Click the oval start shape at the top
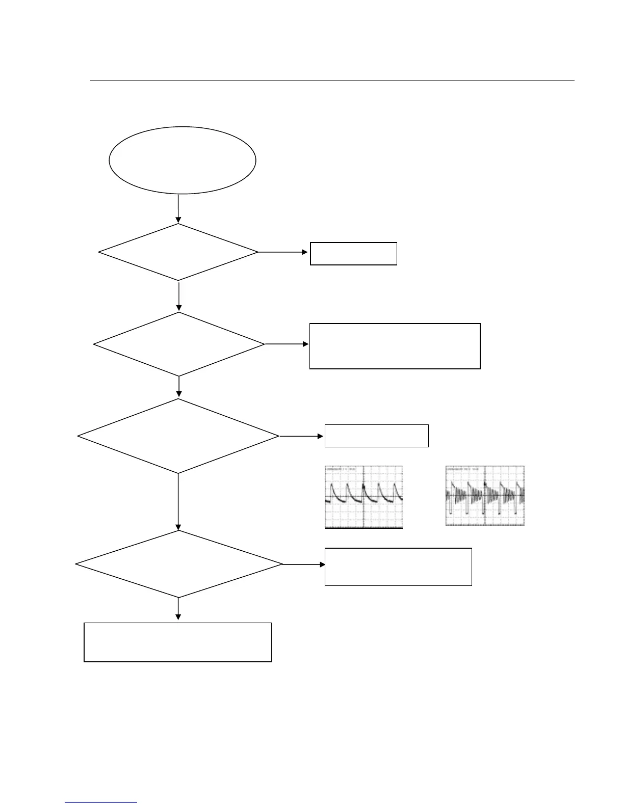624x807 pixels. coord(182,160)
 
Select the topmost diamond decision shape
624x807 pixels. coord(178,252)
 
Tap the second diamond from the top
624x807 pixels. coord(179,344)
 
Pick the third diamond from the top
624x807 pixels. coord(178,436)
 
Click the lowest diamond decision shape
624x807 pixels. coord(179,564)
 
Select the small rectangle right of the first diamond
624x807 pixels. coord(353,253)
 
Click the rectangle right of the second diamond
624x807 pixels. coord(395,345)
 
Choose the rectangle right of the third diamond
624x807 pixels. coord(376,436)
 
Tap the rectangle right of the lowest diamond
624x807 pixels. coord(398,567)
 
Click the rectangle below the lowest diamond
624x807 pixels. coord(177,642)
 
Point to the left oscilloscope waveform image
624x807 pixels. coord(363,497)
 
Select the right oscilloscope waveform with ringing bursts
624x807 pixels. coord(485,495)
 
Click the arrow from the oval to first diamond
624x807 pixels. coord(178,208)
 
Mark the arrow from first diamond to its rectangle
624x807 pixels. coord(283,252)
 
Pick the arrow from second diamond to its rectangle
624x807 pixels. coord(287,344)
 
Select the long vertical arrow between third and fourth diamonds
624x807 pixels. coord(178,502)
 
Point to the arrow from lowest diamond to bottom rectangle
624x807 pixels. coord(178,609)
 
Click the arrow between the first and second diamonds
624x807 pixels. coord(179,296)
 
